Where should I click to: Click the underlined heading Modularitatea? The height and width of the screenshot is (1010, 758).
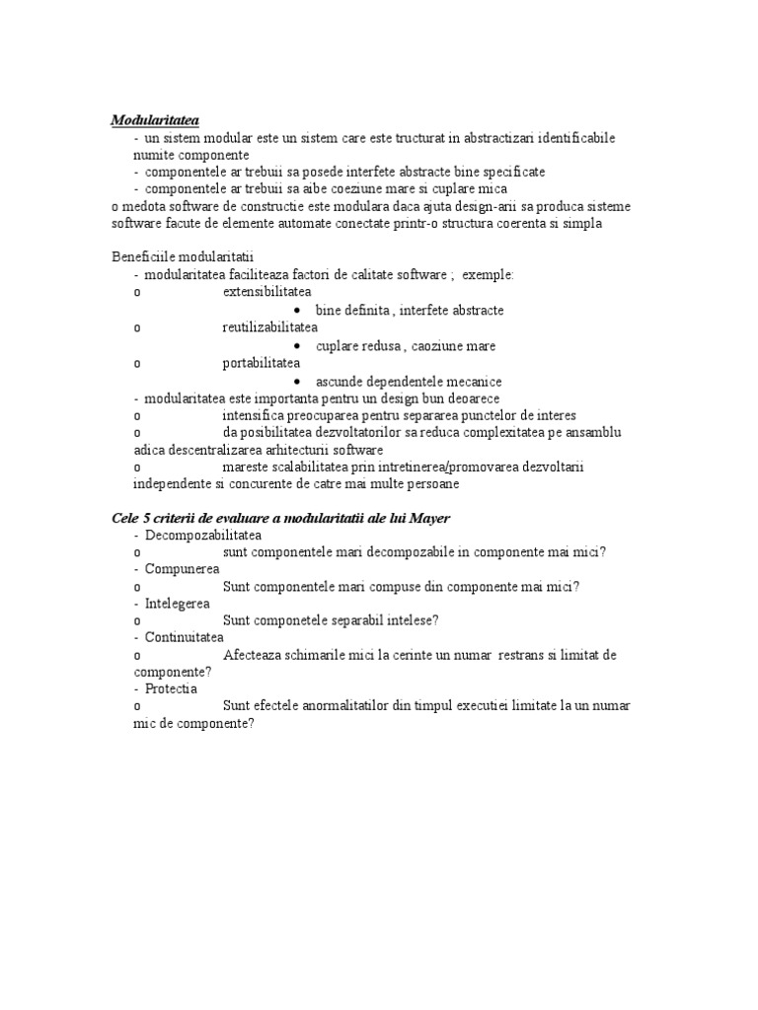pos(155,120)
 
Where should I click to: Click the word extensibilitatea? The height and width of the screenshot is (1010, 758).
pos(266,292)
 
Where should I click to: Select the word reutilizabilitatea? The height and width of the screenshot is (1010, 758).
pos(270,327)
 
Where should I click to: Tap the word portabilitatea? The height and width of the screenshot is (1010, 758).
pos(262,363)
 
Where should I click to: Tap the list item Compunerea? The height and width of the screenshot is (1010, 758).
pos(182,569)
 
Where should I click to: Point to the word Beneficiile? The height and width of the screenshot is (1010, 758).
pos(137,257)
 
